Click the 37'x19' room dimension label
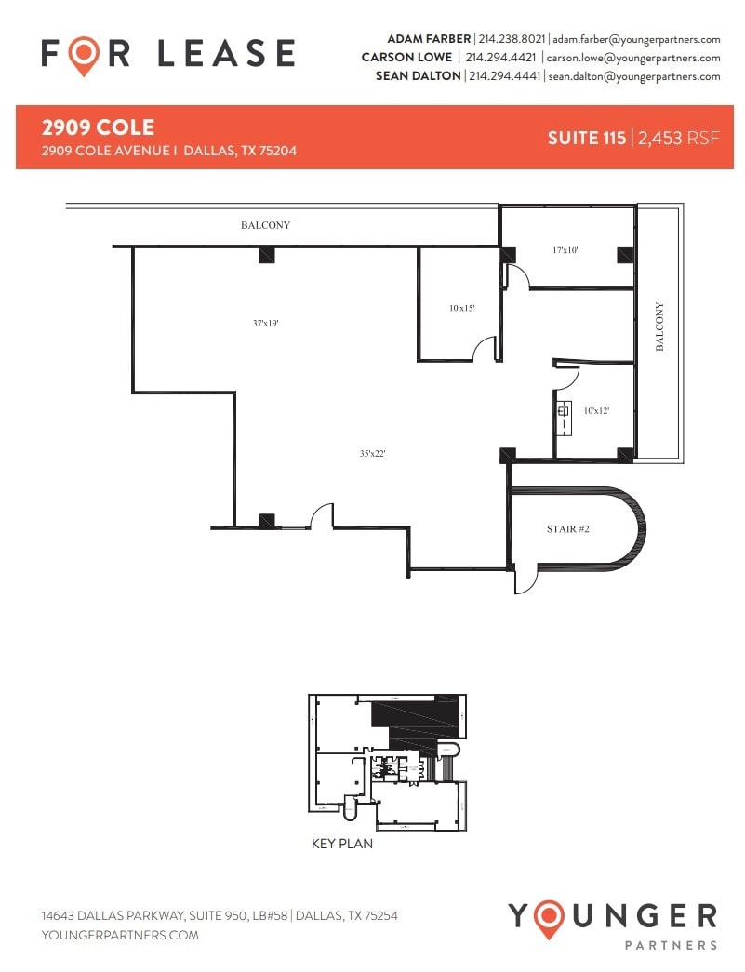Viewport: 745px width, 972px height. pos(265,324)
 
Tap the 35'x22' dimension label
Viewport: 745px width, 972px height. pos(372,454)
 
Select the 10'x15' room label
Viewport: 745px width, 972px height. pos(462,308)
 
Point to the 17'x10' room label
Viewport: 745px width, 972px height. pos(565,250)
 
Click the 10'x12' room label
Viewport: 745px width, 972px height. pos(596,410)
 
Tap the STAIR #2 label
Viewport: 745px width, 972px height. pos(567,529)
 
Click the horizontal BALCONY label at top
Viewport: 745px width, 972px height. pos(266,225)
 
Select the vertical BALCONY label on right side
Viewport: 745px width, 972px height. pos(659,326)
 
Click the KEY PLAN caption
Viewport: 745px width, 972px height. pos(342,845)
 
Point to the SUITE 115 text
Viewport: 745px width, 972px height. pos(586,138)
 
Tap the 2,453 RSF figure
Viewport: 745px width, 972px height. pos(678,138)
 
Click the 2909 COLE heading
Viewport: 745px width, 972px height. pos(98,127)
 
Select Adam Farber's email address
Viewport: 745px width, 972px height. pos(634,39)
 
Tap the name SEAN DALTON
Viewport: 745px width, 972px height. pos(418,76)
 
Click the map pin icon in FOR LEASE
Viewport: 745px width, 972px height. pos(85,55)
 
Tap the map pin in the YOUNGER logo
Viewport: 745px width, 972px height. pos(550,918)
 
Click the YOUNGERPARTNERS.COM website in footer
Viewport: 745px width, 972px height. pos(120,935)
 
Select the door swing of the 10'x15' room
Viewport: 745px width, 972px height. pos(485,350)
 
